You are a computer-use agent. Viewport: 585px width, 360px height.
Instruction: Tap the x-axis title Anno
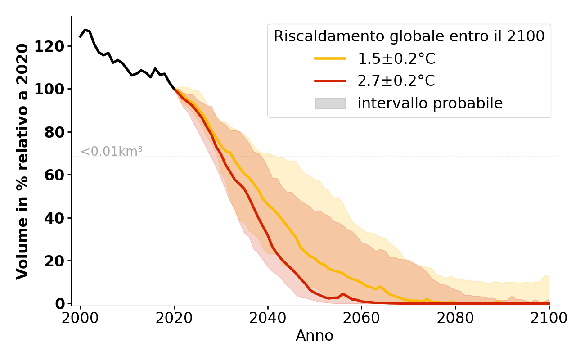[x=315, y=336]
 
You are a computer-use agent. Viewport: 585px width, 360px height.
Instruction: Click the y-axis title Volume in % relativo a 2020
[x=23, y=161]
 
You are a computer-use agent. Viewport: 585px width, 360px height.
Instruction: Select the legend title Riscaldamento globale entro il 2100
[x=409, y=36]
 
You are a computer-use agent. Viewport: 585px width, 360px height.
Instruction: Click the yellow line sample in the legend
[x=330, y=58]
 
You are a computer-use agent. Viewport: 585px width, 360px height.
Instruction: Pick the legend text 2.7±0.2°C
[x=396, y=81]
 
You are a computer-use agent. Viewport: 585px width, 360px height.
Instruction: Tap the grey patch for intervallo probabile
[x=330, y=103]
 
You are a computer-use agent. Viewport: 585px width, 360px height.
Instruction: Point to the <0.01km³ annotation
[x=112, y=152]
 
